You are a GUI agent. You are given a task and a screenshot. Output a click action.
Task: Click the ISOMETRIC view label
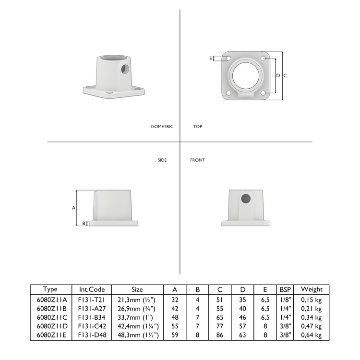point(162,127)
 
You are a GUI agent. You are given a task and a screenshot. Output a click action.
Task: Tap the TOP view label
point(197,127)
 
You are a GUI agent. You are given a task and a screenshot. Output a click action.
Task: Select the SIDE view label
point(162,160)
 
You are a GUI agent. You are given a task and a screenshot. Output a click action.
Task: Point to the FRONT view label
point(197,160)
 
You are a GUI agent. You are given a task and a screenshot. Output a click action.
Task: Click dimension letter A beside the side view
point(73,208)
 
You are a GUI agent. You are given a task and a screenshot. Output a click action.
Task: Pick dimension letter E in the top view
point(211,58)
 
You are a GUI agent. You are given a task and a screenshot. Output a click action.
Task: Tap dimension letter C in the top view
point(285,76)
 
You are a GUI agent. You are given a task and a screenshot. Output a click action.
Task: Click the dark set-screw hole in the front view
point(246,198)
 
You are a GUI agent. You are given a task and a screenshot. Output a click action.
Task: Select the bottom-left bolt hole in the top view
point(228,93)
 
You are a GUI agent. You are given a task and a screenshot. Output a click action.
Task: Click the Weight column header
point(311,289)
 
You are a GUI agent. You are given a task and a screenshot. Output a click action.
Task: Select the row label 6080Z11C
point(50,317)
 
